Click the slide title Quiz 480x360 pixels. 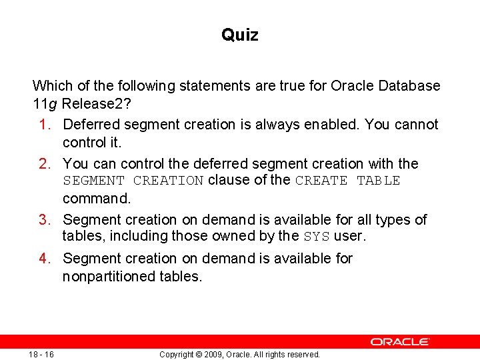239,35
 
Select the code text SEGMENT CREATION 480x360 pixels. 133,181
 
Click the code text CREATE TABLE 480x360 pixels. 347,181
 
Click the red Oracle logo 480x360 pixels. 400,341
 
